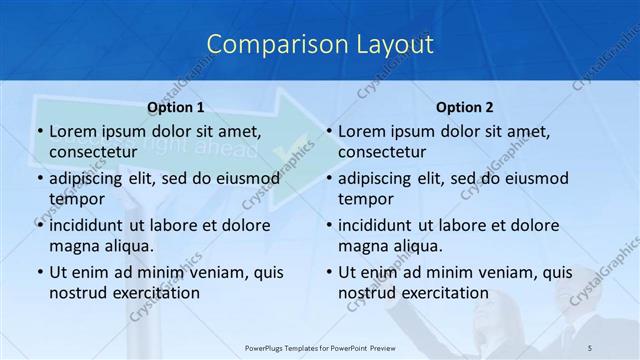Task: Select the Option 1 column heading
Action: (x=176, y=107)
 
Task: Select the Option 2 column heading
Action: (x=465, y=107)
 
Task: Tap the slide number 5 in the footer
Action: (x=590, y=346)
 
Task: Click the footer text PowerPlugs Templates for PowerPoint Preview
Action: (x=319, y=346)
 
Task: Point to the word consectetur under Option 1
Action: (x=93, y=152)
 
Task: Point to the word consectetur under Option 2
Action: (x=382, y=152)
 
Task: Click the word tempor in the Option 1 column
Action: (x=76, y=199)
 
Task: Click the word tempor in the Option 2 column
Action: (x=366, y=199)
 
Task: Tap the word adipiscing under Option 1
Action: (x=90, y=178)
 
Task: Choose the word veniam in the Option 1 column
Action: (x=204, y=272)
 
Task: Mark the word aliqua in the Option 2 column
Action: (x=418, y=246)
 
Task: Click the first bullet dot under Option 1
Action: (x=39, y=131)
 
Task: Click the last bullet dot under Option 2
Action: (x=329, y=272)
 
